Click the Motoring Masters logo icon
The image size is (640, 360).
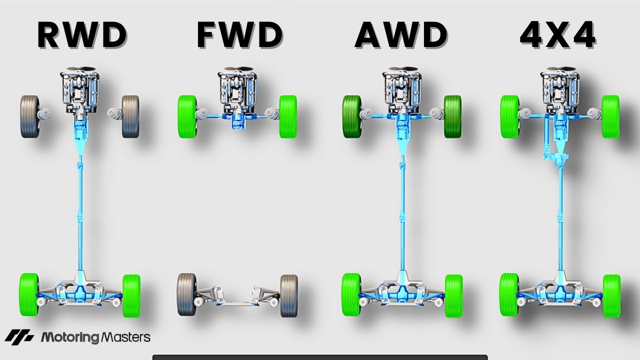(x=19, y=337)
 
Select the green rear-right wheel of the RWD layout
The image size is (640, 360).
(x=131, y=295)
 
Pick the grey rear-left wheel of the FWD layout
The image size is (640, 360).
(x=186, y=295)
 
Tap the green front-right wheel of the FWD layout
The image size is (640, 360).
(x=288, y=116)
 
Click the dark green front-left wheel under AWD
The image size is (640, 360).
(x=352, y=116)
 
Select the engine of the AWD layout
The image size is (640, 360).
(x=400, y=92)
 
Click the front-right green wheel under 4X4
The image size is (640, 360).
(x=610, y=116)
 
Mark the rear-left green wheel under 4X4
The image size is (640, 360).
(x=509, y=295)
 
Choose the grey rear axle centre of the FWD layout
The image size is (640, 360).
(x=237, y=302)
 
